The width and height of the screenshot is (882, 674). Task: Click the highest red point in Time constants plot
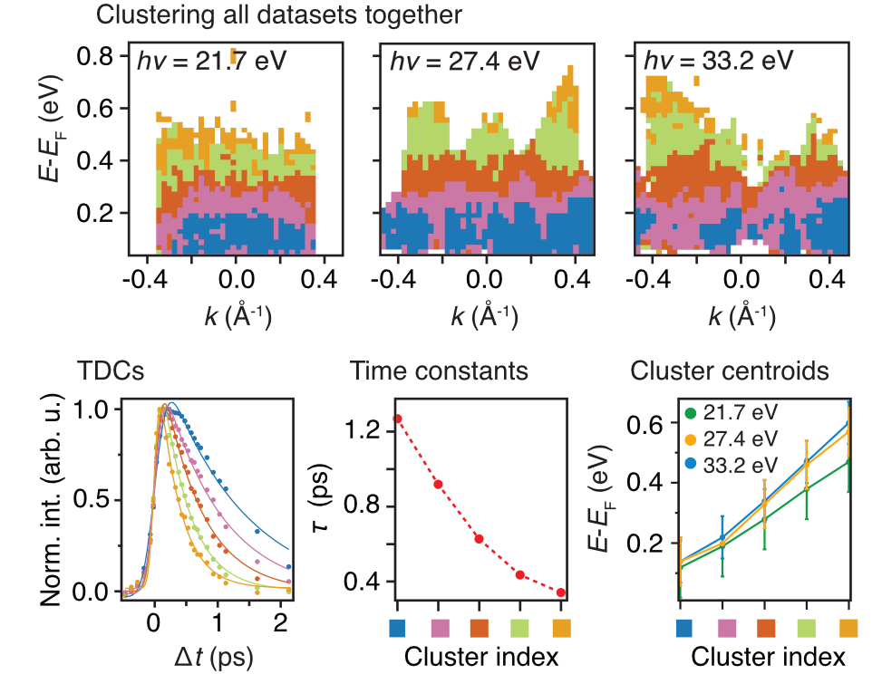pyautogui.click(x=398, y=419)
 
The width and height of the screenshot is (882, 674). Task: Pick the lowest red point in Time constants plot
pyautogui.click(x=561, y=592)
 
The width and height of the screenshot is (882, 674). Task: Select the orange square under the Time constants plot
pyautogui.click(x=562, y=627)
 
